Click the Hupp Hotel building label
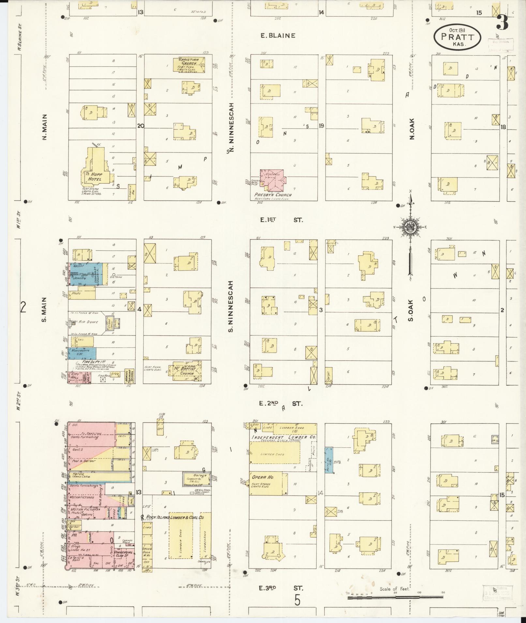pyautogui.click(x=97, y=177)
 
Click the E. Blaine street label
pyautogui.click(x=278, y=35)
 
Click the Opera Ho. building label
pyautogui.click(x=263, y=477)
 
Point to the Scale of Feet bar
pyautogui.click(x=395, y=597)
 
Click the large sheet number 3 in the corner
pyautogui.click(x=503, y=22)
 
